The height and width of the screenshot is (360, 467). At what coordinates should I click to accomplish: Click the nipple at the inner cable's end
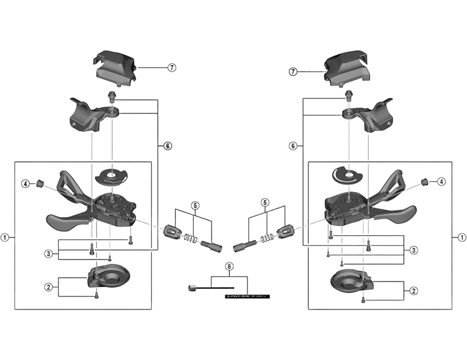pos(191,287)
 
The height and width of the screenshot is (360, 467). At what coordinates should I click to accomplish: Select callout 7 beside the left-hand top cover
pos(172,67)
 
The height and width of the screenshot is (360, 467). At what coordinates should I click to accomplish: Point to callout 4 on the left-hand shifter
pos(26,184)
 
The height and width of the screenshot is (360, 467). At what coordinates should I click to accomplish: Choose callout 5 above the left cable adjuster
pos(196,205)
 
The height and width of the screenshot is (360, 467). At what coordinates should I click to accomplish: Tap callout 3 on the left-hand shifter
pos(48,253)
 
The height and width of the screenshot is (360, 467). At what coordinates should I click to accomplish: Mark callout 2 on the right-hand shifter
pos(413,290)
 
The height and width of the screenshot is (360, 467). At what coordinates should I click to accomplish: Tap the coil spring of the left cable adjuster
pos(189,237)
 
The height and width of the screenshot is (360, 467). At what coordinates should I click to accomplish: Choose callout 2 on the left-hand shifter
pos(48,286)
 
